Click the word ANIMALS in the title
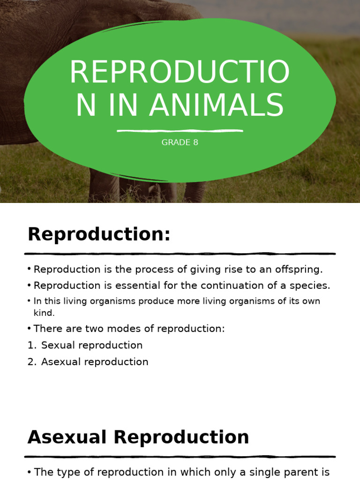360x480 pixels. (x=217, y=105)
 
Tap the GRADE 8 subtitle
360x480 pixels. (x=180, y=142)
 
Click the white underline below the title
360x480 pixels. (x=180, y=131)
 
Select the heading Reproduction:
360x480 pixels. (x=99, y=234)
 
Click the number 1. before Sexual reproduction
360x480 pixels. (x=31, y=345)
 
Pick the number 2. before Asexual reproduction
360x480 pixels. (x=31, y=362)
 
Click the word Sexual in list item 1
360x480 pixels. (x=56, y=345)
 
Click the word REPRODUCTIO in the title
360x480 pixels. (x=180, y=73)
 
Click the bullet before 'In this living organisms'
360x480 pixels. (x=29, y=300)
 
